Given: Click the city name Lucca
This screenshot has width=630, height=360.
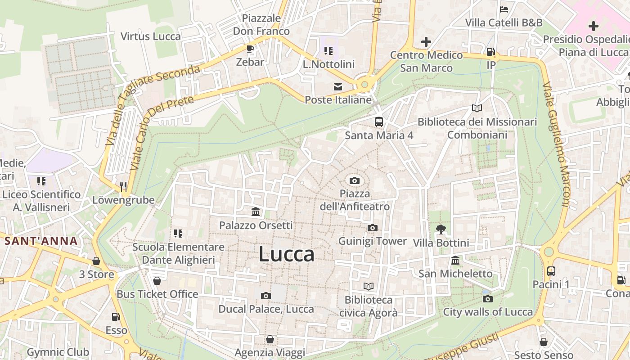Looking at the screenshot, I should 286,254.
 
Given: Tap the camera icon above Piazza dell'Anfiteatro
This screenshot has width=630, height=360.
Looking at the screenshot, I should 355,181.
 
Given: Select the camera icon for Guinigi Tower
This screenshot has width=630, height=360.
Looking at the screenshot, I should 372,228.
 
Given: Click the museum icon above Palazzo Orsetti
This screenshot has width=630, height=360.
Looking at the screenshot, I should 256,211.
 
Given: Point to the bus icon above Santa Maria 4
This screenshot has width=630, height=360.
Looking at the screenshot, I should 379,121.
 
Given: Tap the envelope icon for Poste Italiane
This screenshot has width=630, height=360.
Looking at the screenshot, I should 337,86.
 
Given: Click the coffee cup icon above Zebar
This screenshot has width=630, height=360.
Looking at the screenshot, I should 250,49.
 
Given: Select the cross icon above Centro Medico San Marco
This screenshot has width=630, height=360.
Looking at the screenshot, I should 426,42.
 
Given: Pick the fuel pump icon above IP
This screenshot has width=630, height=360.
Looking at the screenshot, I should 491,52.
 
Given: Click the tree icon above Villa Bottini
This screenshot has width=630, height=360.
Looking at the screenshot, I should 441,229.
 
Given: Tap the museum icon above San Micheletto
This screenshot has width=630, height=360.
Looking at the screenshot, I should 455,261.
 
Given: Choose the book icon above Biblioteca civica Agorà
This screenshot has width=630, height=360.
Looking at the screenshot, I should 368,286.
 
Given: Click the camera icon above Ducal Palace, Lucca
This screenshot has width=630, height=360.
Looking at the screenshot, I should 266,296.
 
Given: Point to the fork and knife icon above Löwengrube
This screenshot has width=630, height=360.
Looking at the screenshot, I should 123,186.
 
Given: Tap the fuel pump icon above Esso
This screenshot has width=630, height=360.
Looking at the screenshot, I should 116,317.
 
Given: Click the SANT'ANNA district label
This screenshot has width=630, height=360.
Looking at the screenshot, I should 41,241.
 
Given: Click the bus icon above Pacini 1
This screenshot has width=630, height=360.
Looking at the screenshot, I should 551,271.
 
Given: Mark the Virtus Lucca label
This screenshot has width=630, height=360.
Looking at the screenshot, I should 151,36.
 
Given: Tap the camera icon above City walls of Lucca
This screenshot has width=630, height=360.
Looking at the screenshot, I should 487,299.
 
